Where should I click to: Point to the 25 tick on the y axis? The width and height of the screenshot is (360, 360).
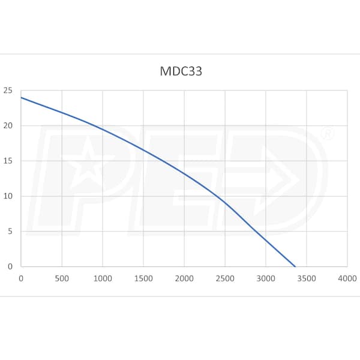pos(8,91)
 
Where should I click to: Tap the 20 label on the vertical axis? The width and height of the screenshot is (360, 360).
pos(8,126)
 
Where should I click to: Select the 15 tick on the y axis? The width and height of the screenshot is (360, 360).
pos(8,161)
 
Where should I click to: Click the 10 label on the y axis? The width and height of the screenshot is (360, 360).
pos(8,196)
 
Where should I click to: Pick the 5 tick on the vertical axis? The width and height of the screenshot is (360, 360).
pos(10,232)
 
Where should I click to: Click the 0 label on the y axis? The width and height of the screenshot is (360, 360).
pos(10,266)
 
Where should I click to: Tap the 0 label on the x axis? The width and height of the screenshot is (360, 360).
pos(21,278)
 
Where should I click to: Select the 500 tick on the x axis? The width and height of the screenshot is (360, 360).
pos(62,278)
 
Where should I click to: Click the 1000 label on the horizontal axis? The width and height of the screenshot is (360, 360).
pos(103,278)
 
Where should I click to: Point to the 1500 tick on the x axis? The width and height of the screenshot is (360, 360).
pos(143,278)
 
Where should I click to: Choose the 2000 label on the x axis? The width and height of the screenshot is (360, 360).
pos(184,278)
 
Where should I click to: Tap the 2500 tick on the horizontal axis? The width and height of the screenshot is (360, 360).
pos(225,278)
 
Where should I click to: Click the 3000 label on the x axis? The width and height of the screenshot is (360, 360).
pos(266,278)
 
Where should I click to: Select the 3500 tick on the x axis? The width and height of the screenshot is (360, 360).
pos(307,278)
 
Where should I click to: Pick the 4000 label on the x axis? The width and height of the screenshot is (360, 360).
pos(347,278)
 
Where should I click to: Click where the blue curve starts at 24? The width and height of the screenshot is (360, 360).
pos(21,98)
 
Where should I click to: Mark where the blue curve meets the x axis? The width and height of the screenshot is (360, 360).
pos(295,266)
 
